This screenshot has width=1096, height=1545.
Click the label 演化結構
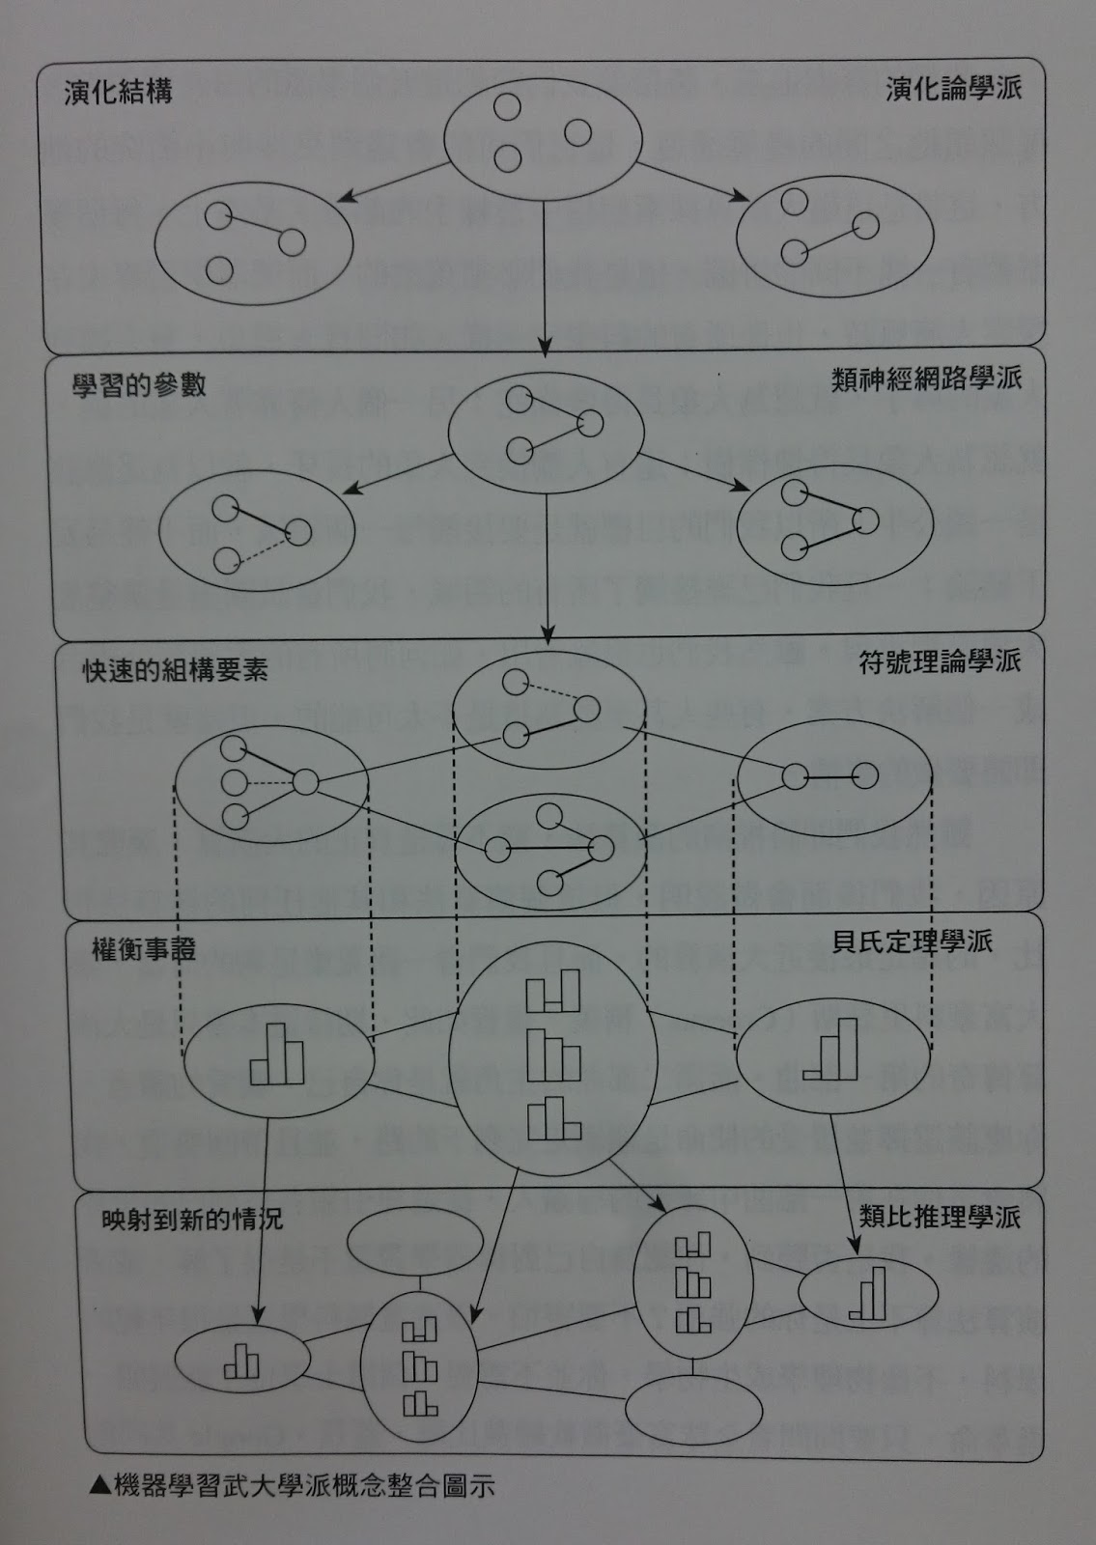click(118, 93)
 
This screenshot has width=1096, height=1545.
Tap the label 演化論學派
click(954, 90)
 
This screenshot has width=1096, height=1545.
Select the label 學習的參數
click(139, 385)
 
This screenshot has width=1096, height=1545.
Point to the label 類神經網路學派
click(926, 377)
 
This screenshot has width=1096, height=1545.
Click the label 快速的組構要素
click(175, 671)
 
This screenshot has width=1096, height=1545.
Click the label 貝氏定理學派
click(913, 941)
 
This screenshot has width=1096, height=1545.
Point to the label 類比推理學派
click(940, 1217)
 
